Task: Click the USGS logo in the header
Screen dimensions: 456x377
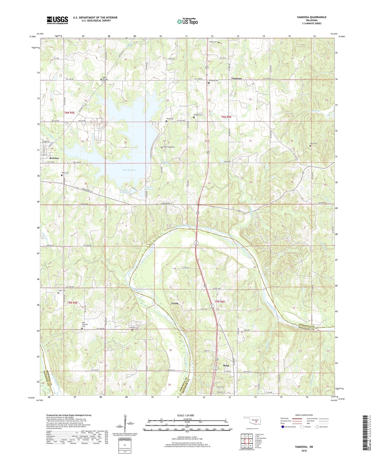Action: tap(57, 20)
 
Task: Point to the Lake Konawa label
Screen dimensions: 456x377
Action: tap(129, 170)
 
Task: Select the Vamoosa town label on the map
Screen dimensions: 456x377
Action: tap(236, 78)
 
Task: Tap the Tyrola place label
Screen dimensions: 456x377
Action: tap(175, 303)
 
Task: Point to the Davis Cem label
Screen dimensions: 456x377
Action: tap(314, 143)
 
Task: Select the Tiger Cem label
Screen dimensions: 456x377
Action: tap(62, 290)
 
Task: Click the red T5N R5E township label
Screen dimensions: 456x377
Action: tap(72, 303)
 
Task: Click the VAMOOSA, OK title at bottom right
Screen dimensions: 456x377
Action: tap(304, 447)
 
